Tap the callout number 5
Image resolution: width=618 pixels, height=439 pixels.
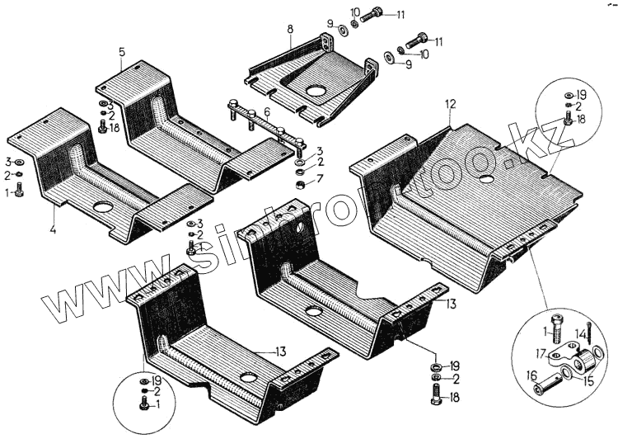click(121, 52)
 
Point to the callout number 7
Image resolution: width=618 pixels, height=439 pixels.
click(321, 178)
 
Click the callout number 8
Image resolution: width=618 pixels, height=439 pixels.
click(290, 31)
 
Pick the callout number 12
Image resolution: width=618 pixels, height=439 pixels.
click(450, 104)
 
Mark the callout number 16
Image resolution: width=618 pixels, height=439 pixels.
click(531, 375)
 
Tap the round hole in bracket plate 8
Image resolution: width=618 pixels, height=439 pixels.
click(315, 91)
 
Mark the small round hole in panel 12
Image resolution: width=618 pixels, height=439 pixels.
click(488, 178)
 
